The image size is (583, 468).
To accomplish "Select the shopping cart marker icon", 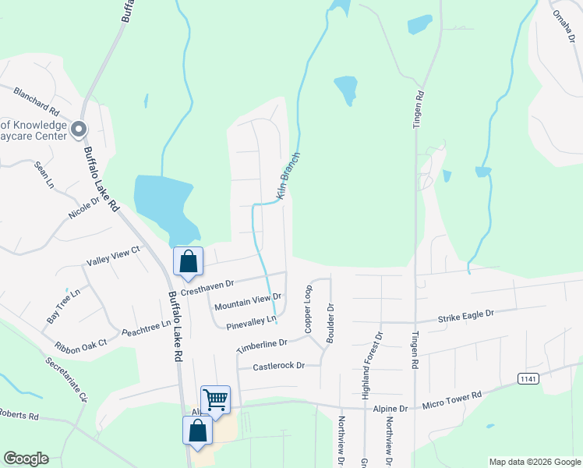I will click(215, 400).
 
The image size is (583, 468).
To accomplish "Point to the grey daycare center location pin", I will click(78, 129).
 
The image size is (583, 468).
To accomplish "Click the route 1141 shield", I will click(528, 378).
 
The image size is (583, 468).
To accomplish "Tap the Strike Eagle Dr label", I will click(466, 314).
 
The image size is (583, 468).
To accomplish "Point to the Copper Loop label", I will click(309, 310).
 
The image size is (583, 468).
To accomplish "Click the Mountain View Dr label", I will click(247, 301).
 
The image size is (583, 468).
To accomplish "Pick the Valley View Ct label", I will click(112, 255).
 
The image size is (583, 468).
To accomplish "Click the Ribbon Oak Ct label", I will click(79, 344).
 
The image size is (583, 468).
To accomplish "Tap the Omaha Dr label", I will click(564, 26).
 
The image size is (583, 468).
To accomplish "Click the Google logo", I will click(26, 459).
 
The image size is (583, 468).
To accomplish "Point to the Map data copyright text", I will click(535, 462).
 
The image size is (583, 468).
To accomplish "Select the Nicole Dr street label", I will click(84, 207).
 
